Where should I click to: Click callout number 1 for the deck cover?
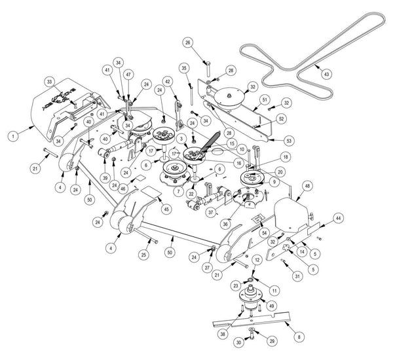click(x=12, y=136)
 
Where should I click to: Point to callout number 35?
click(x=184, y=67)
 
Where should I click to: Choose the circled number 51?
click(x=265, y=99)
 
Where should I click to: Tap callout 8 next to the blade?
click(x=300, y=336)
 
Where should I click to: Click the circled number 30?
click(x=238, y=342)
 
